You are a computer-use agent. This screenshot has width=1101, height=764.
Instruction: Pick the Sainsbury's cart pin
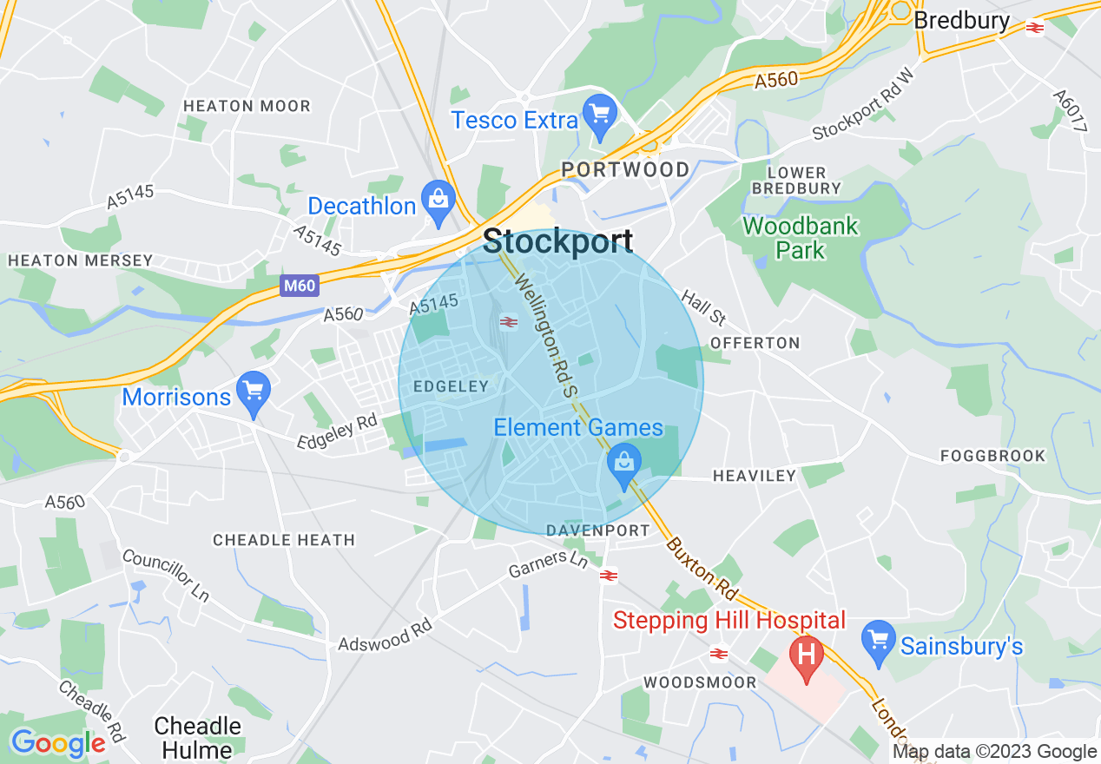[879, 641]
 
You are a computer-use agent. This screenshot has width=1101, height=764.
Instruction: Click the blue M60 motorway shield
[299, 286]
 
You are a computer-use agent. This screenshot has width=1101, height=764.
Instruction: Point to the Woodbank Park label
[800, 238]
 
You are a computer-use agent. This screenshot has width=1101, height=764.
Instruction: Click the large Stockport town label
[557, 241]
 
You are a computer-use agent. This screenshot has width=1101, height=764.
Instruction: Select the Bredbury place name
[961, 20]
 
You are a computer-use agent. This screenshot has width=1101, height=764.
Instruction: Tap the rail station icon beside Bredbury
[1034, 28]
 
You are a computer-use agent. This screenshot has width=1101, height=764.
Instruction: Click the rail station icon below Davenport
[609, 575]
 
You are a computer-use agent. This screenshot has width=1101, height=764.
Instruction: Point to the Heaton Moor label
[247, 106]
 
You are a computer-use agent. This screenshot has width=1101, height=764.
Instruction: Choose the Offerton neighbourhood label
[755, 343]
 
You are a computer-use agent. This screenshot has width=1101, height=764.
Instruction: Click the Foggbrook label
[993, 456]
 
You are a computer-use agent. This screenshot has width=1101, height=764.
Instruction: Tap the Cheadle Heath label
[284, 540]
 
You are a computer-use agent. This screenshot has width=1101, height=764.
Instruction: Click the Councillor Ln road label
[166, 575]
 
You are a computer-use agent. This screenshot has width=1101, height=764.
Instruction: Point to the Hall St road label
[702, 305]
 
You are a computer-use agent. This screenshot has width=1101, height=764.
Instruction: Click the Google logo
[57, 743]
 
